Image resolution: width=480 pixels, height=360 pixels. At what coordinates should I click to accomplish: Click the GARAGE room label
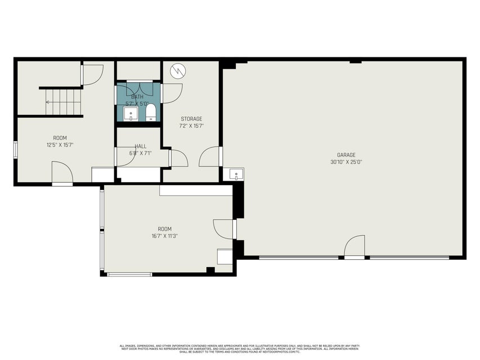coord(346,155)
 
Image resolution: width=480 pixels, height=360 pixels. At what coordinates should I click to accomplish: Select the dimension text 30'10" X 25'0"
coord(346,162)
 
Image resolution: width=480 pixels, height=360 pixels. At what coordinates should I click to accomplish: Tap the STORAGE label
coord(191,119)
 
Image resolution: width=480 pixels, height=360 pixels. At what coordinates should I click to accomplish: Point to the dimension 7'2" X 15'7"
coord(191,126)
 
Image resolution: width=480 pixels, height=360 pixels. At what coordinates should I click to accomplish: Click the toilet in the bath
coord(150,112)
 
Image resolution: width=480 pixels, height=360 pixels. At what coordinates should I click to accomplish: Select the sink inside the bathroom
coord(131,115)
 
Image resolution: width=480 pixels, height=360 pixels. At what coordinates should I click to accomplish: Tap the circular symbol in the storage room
coord(178,71)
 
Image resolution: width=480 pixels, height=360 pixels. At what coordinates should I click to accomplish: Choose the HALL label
coord(140,146)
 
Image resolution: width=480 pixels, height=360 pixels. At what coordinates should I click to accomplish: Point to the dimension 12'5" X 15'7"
coord(60,145)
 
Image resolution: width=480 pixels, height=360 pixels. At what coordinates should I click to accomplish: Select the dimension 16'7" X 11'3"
coord(164,236)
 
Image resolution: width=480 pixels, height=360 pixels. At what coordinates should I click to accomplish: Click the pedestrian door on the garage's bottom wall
coord(355,247)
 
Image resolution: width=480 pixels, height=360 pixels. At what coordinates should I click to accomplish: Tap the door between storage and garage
coord(212,157)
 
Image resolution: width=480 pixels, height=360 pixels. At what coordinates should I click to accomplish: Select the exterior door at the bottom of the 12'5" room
coord(62,174)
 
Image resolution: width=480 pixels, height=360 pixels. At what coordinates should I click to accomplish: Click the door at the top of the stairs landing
coord(92,75)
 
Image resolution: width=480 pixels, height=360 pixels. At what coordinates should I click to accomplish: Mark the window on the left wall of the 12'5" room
coord(16,149)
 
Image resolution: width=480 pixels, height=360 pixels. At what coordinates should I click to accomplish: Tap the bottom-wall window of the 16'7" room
coord(129,274)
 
